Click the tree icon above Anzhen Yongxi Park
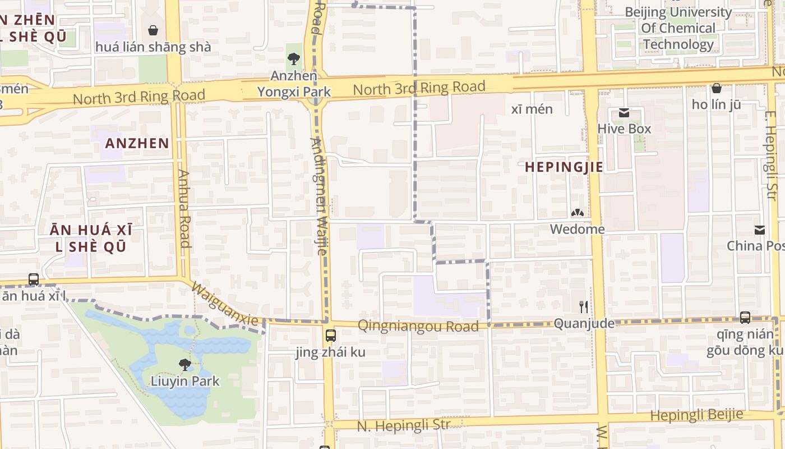(x=294, y=58)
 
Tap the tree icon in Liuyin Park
(x=184, y=365)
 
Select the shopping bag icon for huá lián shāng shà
(x=153, y=30)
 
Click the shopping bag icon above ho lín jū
(x=716, y=88)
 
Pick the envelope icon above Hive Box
(x=624, y=113)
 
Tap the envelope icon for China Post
(x=760, y=230)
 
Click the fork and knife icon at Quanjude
(x=584, y=306)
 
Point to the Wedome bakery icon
(x=577, y=213)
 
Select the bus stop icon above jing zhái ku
(x=331, y=336)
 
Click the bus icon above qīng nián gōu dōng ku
(x=745, y=318)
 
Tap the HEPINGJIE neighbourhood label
(x=564, y=167)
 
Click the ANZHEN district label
(x=137, y=143)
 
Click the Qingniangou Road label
(x=418, y=326)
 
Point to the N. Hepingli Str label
(x=403, y=425)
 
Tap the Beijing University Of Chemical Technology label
(x=678, y=28)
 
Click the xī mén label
(x=532, y=109)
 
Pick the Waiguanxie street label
(x=225, y=304)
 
